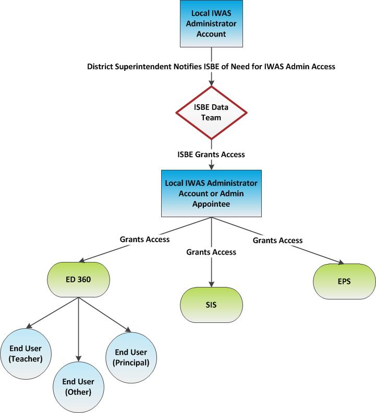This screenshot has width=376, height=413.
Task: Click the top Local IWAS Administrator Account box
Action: pos(211,23)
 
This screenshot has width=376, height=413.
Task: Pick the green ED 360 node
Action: pos(78,280)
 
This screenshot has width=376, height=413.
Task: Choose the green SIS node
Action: pos(211,304)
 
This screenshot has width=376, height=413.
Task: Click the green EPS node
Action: pos(344,282)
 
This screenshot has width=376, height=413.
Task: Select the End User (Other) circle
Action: pos(78,386)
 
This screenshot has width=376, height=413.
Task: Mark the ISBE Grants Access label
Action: pos(211,154)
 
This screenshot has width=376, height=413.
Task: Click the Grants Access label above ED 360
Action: pos(145,240)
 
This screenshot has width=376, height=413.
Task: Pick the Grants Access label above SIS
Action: pos(211,252)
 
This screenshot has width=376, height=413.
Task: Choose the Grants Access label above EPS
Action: pos(277,240)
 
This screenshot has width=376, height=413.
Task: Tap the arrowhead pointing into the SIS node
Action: pos(211,283)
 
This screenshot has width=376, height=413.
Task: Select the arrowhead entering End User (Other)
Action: pos(78,359)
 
